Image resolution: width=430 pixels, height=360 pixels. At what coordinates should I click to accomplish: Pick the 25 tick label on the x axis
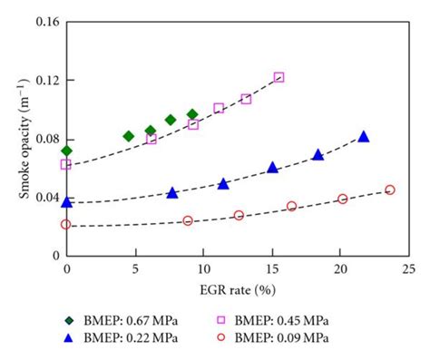(x=408, y=270)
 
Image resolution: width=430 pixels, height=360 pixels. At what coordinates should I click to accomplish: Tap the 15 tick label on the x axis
(x=271, y=270)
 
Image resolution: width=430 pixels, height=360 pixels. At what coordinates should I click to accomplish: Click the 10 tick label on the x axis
(x=203, y=270)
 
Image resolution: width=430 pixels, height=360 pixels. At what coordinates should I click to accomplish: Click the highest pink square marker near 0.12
(x=279, y=77)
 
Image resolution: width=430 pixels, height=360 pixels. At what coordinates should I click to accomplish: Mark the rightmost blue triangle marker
(x=364, y=136)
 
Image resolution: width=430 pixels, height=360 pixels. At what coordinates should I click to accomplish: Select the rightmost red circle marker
(x=390, y=190)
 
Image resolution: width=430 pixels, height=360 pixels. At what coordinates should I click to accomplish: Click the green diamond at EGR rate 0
(x=66, y=151)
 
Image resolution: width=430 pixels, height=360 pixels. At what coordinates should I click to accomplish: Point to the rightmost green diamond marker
(x=192, y=114)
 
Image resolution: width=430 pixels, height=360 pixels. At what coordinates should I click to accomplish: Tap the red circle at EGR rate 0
(x=66, y=224)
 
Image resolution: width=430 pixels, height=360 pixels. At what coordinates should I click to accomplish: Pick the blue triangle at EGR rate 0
(x=66, y=201)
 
